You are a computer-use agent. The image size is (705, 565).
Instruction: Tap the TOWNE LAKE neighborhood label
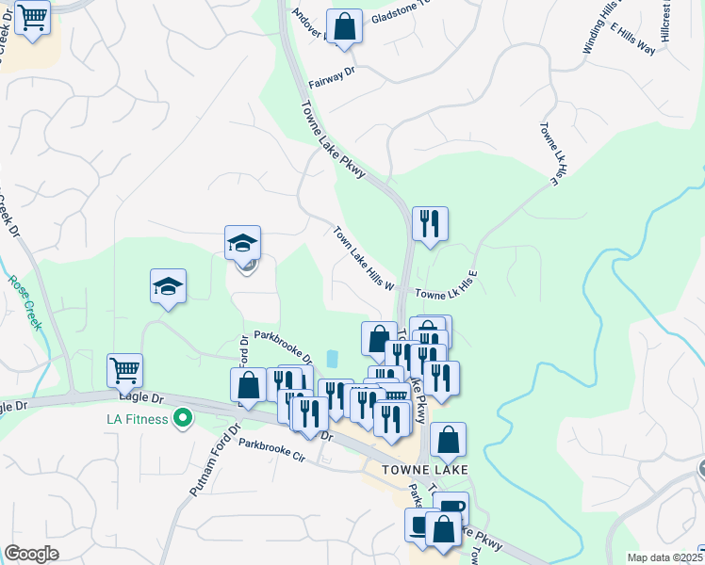point(424,468)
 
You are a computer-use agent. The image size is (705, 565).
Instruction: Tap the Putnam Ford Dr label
point(205,468)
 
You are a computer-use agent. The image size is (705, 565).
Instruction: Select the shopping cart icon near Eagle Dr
point(125,370)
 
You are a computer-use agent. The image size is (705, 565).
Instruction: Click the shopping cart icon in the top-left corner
point(33,17)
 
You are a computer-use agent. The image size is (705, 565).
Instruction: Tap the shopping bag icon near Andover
point(344,26)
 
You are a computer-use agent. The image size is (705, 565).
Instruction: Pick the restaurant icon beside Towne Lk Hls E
point(430,223)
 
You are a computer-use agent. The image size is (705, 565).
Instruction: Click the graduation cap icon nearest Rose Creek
point(169,285)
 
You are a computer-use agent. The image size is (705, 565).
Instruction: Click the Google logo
point(31,554)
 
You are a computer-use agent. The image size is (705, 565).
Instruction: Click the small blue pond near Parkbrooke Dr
point(331,359)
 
